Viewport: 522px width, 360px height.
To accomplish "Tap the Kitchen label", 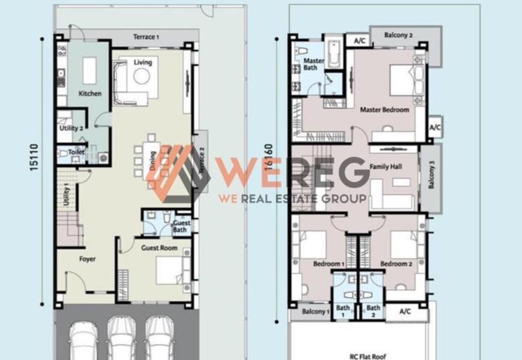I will [x=90, y=93].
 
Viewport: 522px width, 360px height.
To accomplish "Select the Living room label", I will [x=143, y=63].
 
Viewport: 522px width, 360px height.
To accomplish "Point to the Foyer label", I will [x=87, y=259].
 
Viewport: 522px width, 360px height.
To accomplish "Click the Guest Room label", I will [x=159, y=248].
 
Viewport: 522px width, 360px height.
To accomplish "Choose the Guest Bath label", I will [x=181, y=226].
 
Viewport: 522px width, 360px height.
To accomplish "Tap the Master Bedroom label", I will [x=385, y=110].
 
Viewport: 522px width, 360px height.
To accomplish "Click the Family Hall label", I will [x=386, y=167].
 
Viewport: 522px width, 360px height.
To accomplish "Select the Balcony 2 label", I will [x=398, y=35].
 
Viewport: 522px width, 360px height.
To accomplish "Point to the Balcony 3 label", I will [x=431, y=177].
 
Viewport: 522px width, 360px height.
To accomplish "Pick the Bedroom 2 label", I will [x=397, y=263].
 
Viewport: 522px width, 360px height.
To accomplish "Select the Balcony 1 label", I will [x=316, y=312].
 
